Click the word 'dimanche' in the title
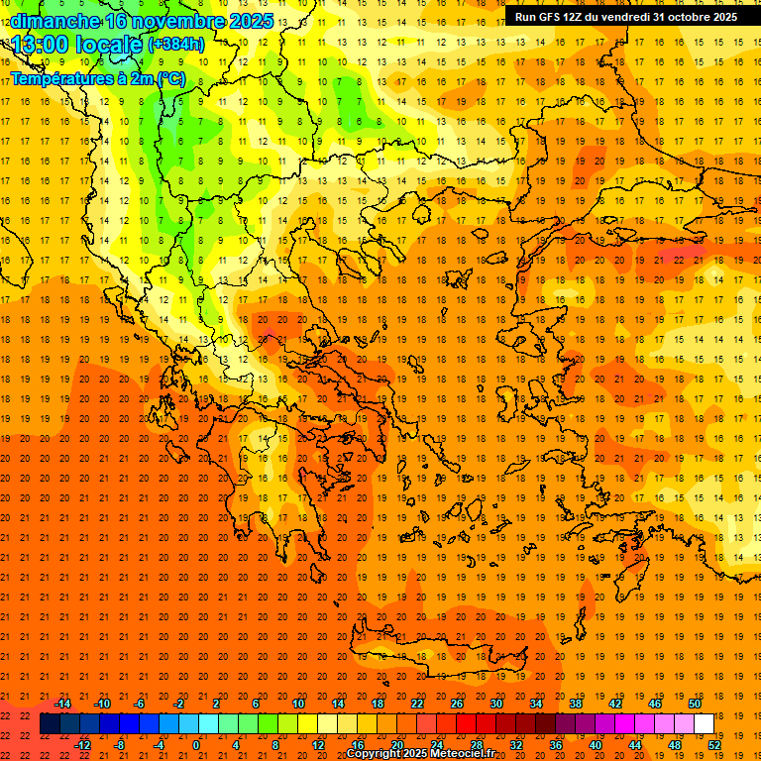pos(54,20)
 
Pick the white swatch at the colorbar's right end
pos(704,724)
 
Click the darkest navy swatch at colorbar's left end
pos(50,724)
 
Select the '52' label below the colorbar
pos(714,745)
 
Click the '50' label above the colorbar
pos(694,704)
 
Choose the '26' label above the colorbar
pos(457,704)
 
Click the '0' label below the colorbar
pos(196,745)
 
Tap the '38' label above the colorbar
pos(575,704)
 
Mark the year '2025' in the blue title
pos(250,20)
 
